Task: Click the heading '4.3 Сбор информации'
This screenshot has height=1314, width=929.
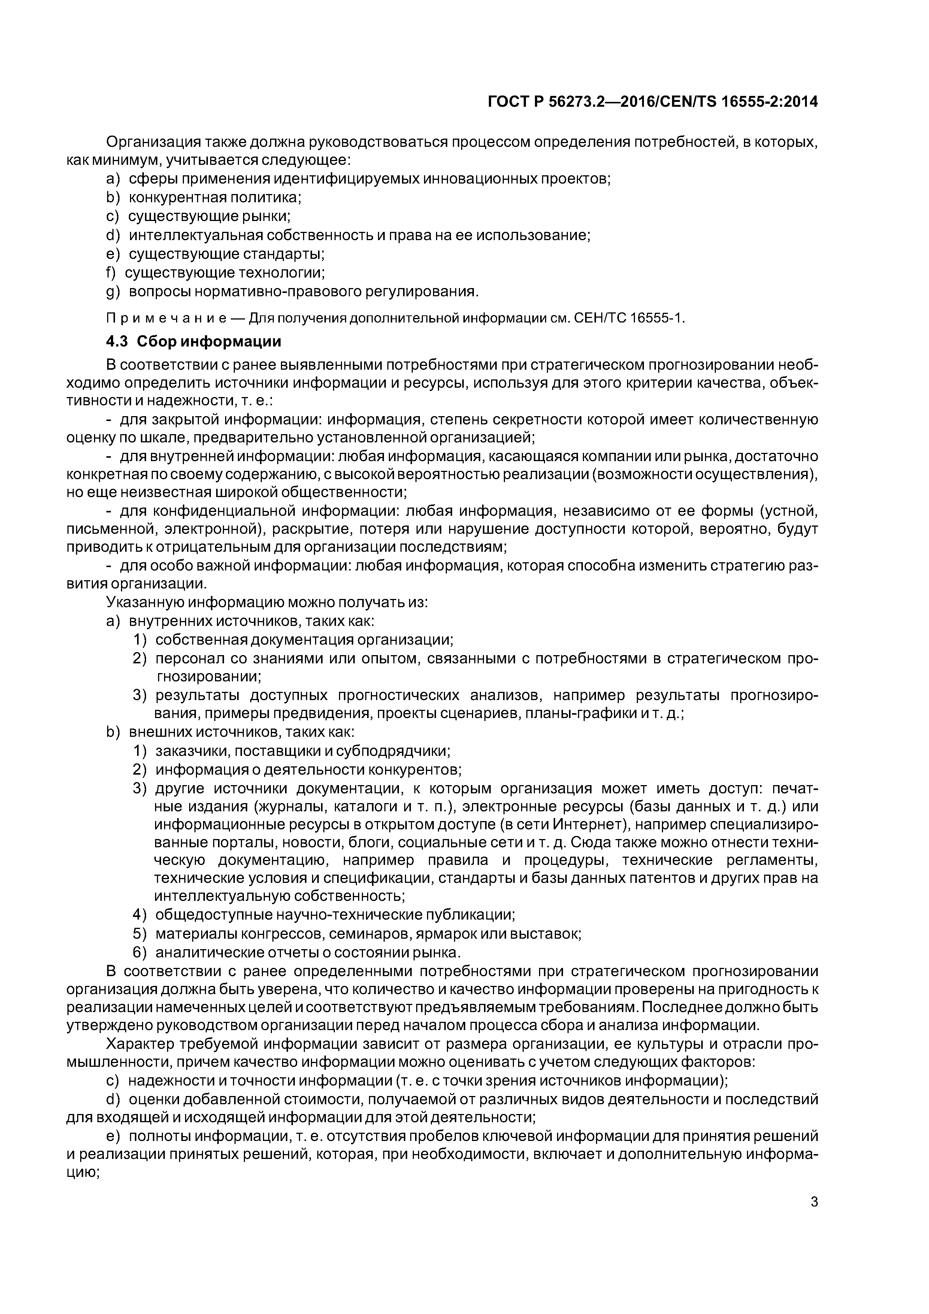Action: point(193,342)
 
